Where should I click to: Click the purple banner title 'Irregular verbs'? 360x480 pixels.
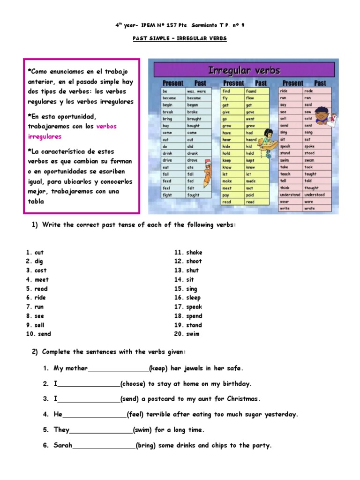coord(244,71)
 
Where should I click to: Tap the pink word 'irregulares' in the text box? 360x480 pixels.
coord(45,136)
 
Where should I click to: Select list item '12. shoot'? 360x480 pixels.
coord(188,261)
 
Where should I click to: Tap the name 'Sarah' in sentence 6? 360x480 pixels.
coord(63,445)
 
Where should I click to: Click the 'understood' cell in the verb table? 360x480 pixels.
coord(314,195)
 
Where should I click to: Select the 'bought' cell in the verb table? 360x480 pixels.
coord(194,126)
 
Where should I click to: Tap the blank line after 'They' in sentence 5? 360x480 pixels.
coord(101,430)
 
